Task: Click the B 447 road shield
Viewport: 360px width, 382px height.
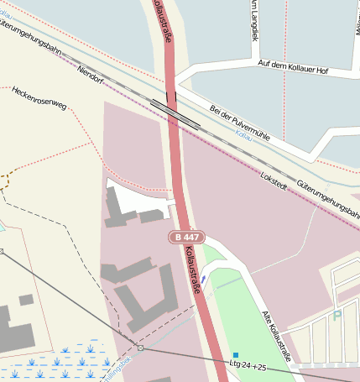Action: coord(185,238)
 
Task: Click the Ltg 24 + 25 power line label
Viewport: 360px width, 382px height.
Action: coord(248,367)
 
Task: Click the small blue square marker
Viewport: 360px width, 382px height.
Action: coord(236,354)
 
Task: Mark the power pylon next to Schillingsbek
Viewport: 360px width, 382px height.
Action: coord(141,347)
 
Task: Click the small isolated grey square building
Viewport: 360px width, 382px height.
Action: coord(26,300)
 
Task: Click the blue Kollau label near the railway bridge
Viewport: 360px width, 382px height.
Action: coord(243,133)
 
